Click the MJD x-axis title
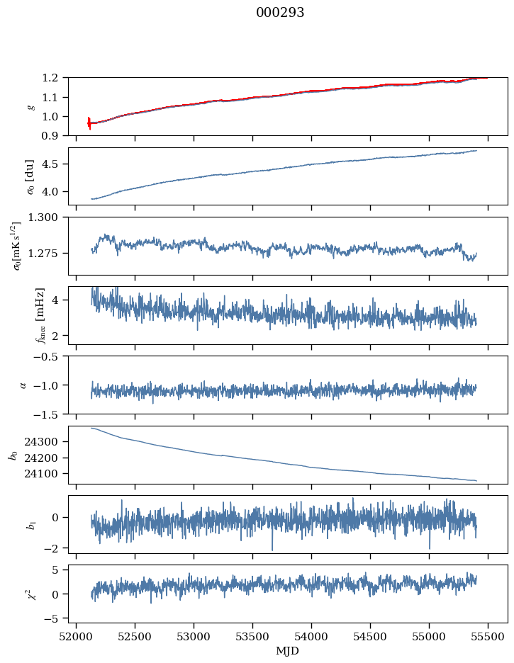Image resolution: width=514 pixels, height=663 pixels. (288, 651)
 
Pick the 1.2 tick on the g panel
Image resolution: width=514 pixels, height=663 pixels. (54, 78)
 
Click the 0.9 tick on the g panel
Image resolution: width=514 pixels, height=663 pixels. (54, 135)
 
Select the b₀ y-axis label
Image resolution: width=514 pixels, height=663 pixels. (13, 455)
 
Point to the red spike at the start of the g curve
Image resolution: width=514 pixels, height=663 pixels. (89, 123)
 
